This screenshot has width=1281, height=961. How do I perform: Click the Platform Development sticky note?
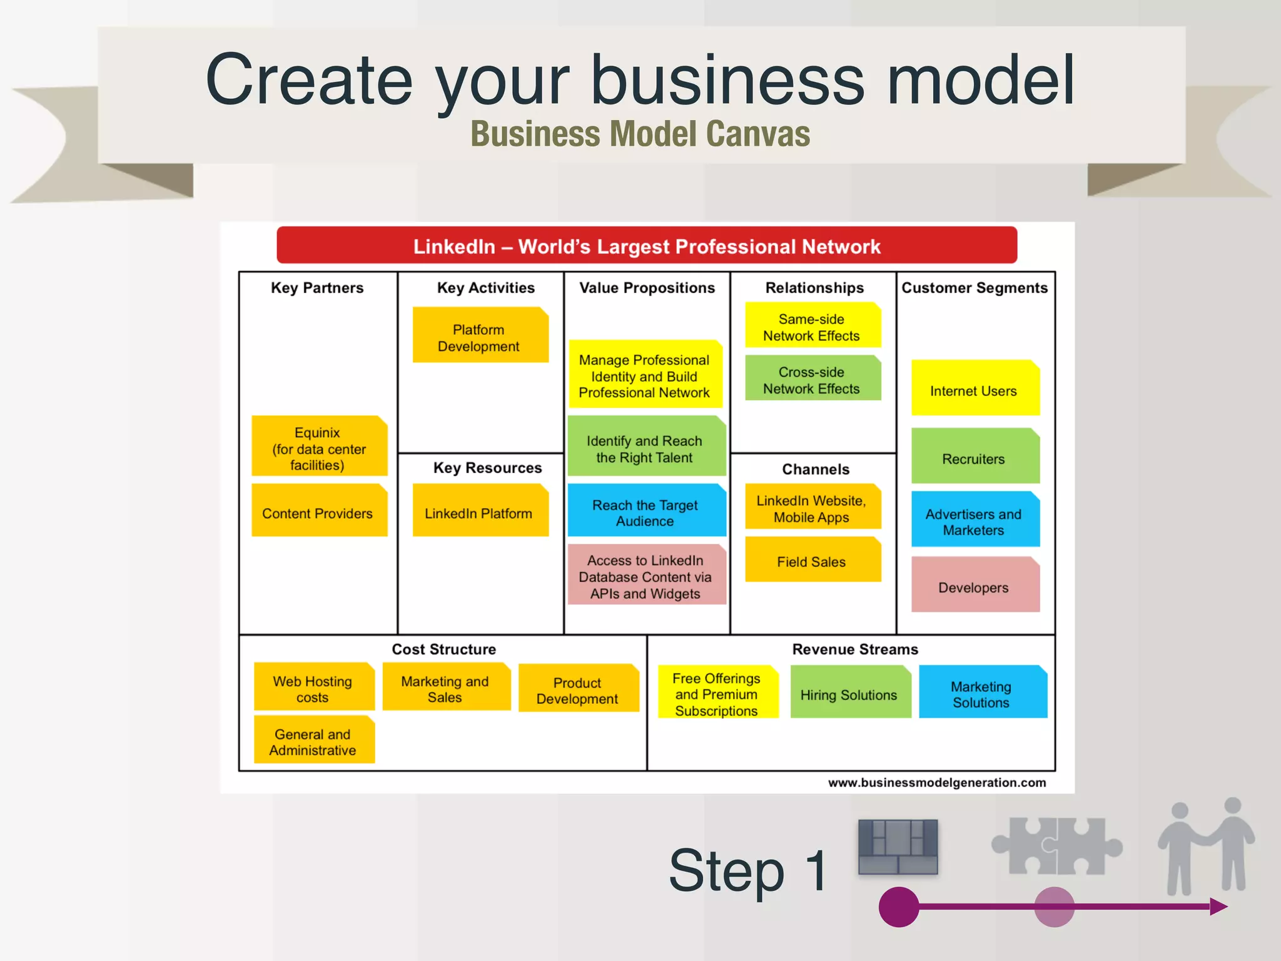point(480,335)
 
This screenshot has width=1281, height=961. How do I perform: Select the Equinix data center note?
point(319,447)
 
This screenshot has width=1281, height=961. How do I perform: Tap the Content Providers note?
point(319,511)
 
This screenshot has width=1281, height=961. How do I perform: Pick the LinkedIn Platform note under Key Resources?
point(480,511)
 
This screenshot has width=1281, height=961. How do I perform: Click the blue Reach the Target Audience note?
point(646,511)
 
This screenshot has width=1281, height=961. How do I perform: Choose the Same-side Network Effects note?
point(812,326)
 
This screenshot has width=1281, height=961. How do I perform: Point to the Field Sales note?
point(812,561)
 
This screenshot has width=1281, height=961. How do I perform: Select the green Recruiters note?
point(975,457)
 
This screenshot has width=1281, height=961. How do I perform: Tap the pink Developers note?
point(975,586)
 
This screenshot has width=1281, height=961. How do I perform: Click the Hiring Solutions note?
point(849,693)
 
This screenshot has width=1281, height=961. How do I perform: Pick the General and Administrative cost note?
point(313,740)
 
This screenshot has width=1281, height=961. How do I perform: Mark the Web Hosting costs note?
point(313,687)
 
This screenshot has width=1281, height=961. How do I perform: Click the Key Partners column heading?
point(317,288)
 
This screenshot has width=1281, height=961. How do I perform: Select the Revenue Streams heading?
point(855,649)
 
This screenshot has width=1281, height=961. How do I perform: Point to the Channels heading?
point(816,469)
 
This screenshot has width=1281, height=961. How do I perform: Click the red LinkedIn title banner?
point(646,246)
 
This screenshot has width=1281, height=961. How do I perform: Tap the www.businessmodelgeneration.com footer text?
point(936,783)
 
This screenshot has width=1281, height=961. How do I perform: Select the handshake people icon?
point(1207,847)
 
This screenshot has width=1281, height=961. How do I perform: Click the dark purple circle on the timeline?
point(898,907)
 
